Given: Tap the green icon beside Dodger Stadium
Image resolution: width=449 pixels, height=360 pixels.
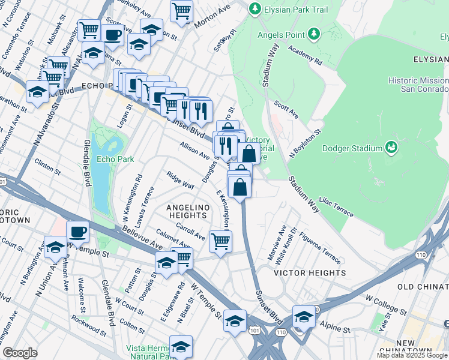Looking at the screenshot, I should tap(391, 146).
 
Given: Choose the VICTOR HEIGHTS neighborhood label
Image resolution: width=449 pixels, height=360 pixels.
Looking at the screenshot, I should tap(310, 273).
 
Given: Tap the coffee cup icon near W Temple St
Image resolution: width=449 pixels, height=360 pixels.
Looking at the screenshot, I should tap(77, 231).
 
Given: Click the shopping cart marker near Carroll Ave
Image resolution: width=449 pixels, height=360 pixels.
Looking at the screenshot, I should tap(220, 241).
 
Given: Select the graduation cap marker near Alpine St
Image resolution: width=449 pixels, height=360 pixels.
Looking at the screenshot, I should tap(304, 316).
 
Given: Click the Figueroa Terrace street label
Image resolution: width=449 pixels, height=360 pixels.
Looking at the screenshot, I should tap(319, 247).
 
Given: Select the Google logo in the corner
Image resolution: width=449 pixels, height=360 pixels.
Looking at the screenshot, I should tap(20, 353).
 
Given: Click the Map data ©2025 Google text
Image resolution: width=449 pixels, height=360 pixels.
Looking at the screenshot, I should tap(412, 355).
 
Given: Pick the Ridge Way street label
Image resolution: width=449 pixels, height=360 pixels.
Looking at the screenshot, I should tap(180, 181).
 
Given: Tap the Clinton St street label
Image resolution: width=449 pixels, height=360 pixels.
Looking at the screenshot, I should tap(48, 166).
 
